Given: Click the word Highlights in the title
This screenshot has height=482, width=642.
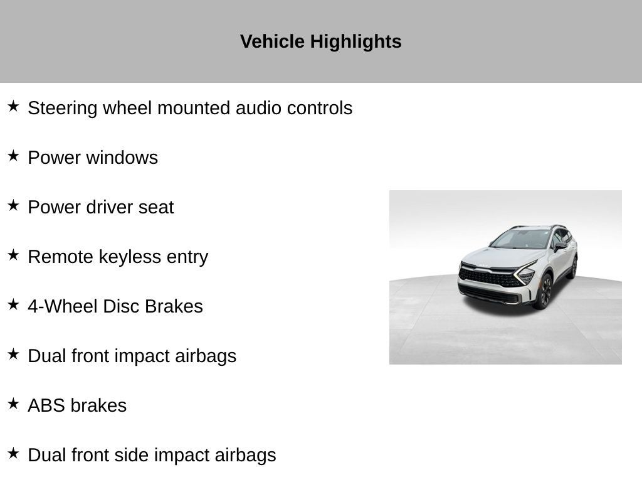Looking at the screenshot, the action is (x=355, y=42).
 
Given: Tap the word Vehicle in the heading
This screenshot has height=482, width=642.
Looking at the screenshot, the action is (x=272, y=41).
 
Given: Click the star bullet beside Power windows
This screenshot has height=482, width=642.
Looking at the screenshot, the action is (x=14, y=156).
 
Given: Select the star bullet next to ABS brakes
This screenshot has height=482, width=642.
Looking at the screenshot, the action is (x=14, y=404).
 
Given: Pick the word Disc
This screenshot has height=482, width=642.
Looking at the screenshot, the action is (x=121, y=306).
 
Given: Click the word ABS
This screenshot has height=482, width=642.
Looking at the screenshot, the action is (x=46, y=406).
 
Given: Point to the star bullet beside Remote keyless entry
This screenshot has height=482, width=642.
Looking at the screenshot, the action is (x=14, y=255).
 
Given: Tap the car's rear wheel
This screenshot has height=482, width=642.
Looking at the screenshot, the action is (x=574, y=267).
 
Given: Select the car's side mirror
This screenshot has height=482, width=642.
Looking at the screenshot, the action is (x=560, y=246).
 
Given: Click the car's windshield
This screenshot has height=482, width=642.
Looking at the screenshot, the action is (x=521, y=239).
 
